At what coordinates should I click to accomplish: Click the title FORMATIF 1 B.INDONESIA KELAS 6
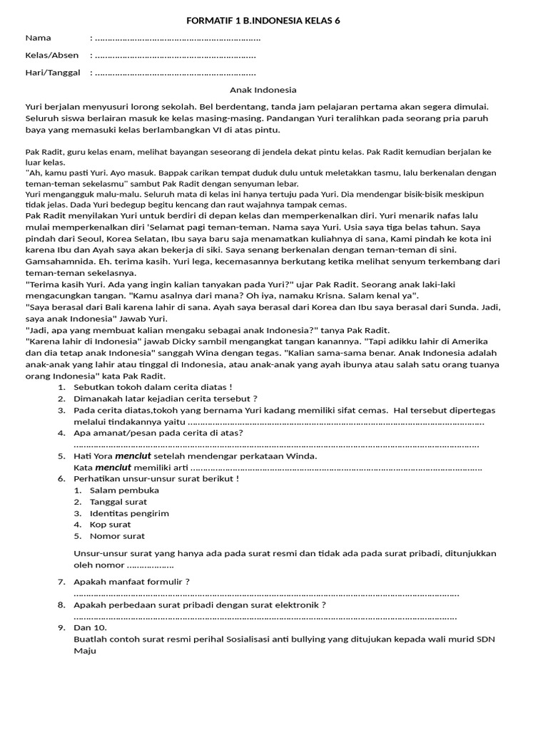(x=263, y=21)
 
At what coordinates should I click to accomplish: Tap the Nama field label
(x=39, y=38)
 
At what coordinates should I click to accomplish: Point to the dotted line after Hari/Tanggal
(x=175, y=73)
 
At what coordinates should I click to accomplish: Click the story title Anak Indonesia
(x=263, y=90)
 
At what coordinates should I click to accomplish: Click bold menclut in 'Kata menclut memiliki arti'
(x=113, y=467)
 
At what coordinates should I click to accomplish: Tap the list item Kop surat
(x=110, y=524)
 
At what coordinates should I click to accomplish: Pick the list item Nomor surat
(x=117, y=535)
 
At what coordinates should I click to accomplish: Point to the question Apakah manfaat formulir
(x=132, y=582)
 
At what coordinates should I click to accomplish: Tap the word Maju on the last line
(x=85, y=650)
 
